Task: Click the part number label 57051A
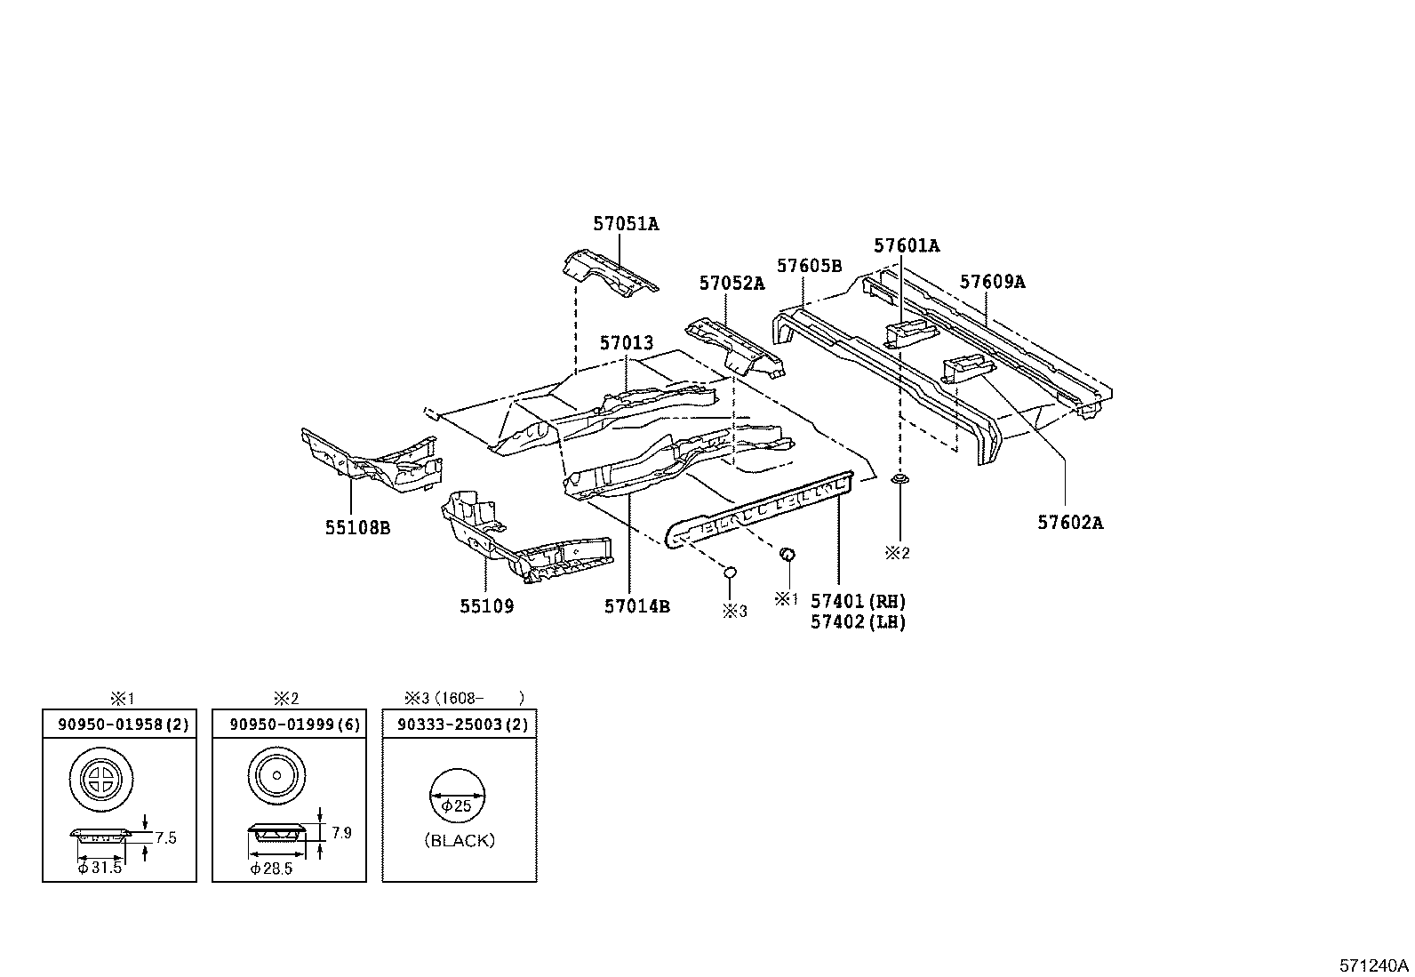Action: point(626,224)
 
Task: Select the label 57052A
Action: point(731,284)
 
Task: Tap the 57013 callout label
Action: point(626,343)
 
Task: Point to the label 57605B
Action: point(809,266)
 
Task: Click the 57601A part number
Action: point(906,245)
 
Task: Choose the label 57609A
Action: point(992,282)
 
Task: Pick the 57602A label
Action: point(1070,523)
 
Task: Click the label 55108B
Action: point(357,528)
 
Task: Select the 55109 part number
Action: point(486,606)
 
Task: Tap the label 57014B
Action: point(636,606)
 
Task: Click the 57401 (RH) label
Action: point(858,602)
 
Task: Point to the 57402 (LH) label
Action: point(858,621)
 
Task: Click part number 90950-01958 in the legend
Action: point(110,725)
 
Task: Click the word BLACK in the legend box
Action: point(459,840)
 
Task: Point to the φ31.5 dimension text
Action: point(99,868)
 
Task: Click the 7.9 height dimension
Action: point(341,833)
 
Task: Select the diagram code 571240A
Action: point(1374,965)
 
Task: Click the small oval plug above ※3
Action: point(728,572)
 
